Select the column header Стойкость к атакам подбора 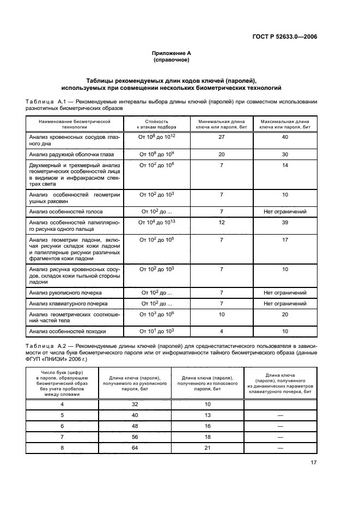(x=157, y=124)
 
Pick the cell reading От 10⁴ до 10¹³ (x=157, y=222)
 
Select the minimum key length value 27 (x=221, y=138)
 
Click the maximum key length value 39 (x=285, y=222)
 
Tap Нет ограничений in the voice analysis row (x=285, y=211)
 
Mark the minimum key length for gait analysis (x=221, y=331)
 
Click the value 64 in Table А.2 (x=135, y=447)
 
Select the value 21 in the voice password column (x=208, y=447)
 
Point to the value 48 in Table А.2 (x=135, y=426)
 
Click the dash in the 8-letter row (x=280, y=447)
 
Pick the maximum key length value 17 (x=285, y=239)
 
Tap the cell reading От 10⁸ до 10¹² (x=157, y=138)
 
